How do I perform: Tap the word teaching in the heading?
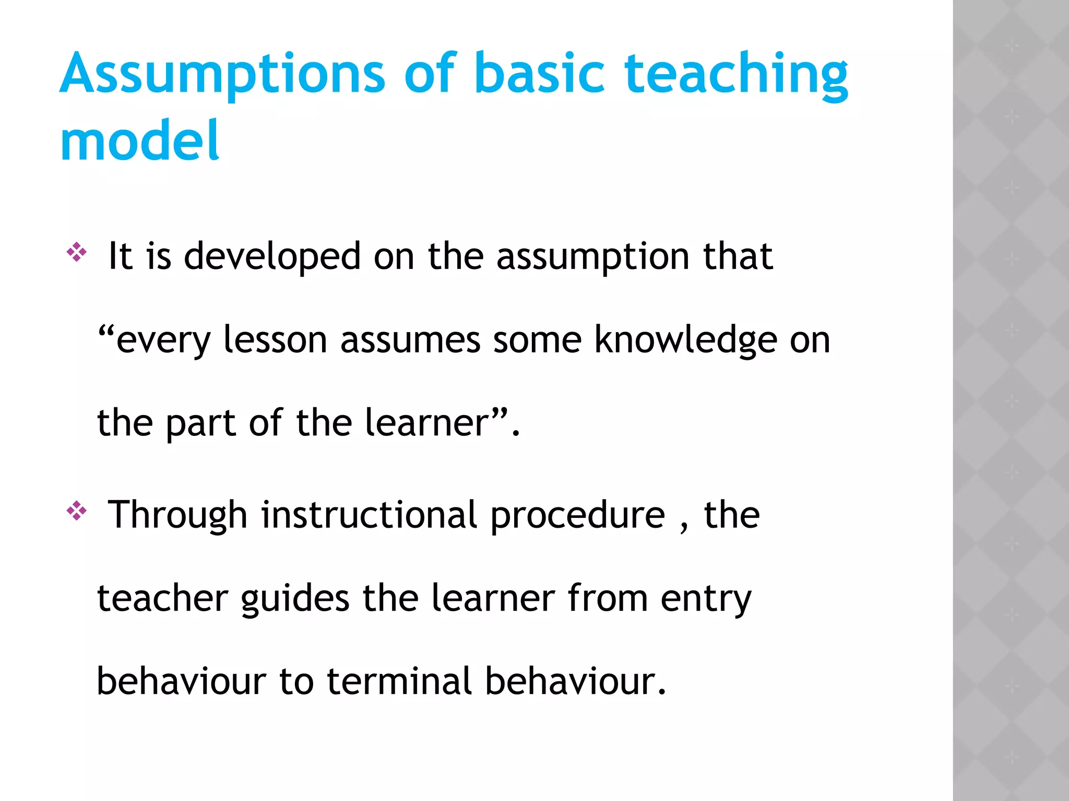tap(736, 74)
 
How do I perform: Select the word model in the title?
tap(140, 141)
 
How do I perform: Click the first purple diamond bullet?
tap(77, 252)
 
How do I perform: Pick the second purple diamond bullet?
tap(77, 511)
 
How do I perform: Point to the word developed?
tap(272, 257)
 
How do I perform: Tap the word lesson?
tap(275, 340)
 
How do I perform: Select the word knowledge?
tap(685, 341)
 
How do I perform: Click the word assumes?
tap(410, 340)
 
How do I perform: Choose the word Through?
tap(177, 515)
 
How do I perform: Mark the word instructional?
tap(369, 515)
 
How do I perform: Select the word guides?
tap(295, 599)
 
